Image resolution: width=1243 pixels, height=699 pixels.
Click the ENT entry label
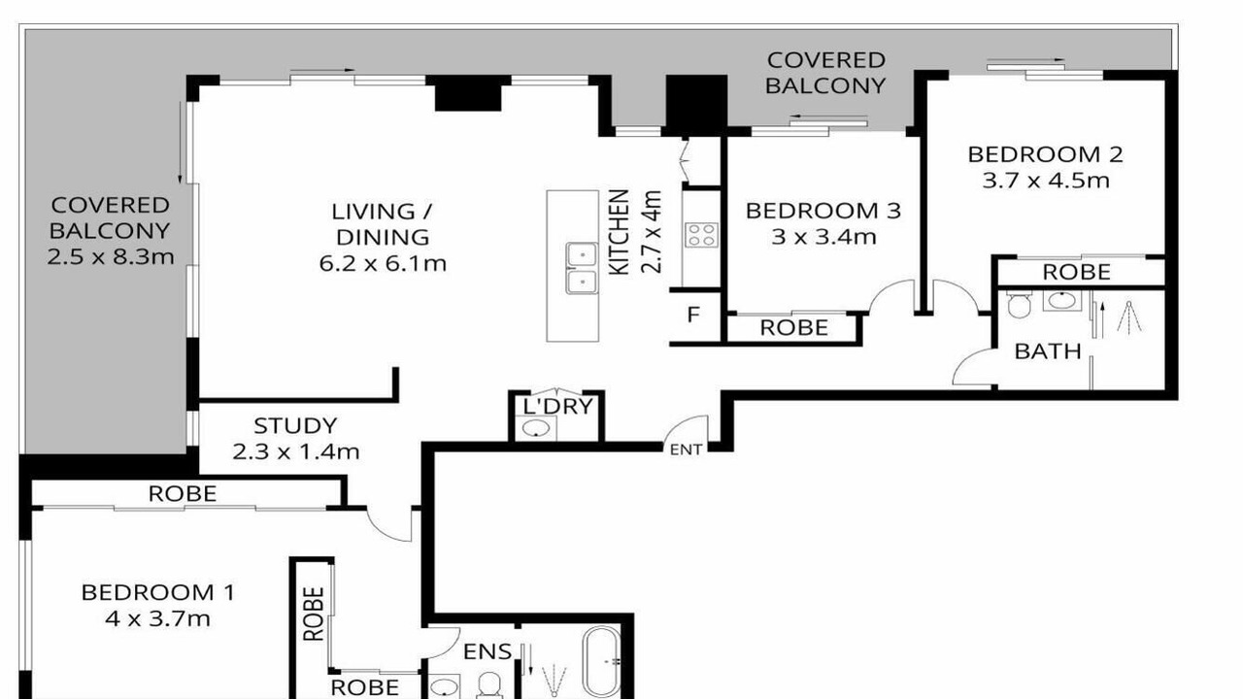[686, 449]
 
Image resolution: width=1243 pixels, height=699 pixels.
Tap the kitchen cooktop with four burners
[701, 234]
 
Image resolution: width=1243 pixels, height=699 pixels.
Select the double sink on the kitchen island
[582, 268]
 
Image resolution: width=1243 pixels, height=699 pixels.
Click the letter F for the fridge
[693, 315]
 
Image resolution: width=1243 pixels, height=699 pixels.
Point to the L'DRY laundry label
[558, 407]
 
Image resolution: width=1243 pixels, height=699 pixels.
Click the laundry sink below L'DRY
[537, 428]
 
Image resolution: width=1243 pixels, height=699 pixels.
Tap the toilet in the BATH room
[1019, 305]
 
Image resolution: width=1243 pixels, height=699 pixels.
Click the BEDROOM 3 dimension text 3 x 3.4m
[823, 238]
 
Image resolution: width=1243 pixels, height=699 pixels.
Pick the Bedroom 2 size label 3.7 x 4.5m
[1046, 181]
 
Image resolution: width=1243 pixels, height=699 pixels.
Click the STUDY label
[295, 425]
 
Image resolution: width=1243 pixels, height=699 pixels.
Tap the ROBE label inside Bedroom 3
[793, 328]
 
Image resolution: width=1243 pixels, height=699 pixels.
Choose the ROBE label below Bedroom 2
[1077, 272]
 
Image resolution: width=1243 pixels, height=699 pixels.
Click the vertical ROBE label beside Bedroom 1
[314, 615]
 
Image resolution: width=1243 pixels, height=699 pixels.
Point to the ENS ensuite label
[487, 651]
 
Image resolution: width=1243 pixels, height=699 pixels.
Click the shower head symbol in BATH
[1129, 317]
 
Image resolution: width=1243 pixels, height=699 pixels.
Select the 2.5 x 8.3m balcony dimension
[111, 257]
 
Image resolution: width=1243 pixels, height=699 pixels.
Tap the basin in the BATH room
[1062, 301]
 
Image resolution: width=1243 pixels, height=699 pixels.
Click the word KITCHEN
[620, 232]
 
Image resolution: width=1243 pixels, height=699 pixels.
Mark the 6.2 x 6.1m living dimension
[383, 263]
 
